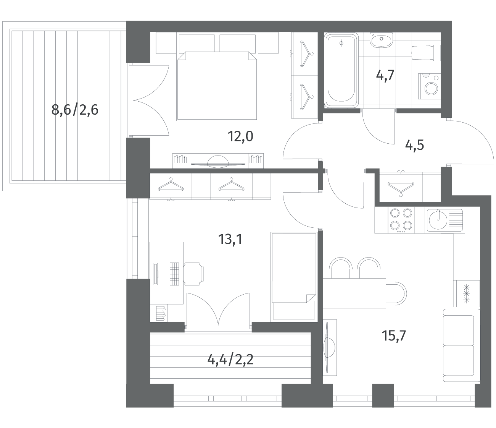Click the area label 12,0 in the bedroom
(240, 136)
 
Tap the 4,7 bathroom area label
(385, 76)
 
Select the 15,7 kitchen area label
(394, 336)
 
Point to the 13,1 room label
(230, 239)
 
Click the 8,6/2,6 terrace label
(75, 110)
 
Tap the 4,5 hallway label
(414, 145)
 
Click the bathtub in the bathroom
(341, 70)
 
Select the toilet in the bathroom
(426, 56)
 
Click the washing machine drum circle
(432, 88)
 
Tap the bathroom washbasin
(381, 40)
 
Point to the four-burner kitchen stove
(401, 220)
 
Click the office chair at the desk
(193, 274)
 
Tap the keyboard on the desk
(174, 274)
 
